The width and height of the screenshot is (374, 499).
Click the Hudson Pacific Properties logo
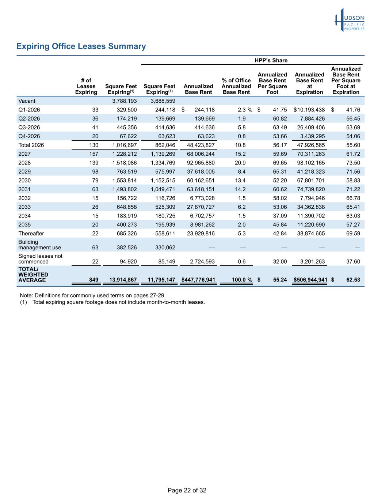tap(350, 20)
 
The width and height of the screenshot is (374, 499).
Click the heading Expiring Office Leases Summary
tap(81, 46)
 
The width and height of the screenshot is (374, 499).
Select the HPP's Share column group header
tap(271, 60)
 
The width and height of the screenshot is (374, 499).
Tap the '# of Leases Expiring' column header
tap(86, 86)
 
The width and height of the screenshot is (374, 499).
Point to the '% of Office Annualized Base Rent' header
tap(236, 86)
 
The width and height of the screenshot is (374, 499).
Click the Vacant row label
tap(27, 101)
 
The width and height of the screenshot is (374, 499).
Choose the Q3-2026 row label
tap(29, 128)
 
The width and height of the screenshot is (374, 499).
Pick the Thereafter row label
tap(31, 234)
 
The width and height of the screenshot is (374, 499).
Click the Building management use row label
tap(40, 245)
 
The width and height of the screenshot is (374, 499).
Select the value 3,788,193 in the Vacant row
tap(124, 101)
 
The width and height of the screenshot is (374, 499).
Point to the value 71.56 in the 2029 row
tap(353, 172)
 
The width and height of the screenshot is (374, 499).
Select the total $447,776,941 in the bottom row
tap(198, 280)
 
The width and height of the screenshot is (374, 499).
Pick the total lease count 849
tap(93, 280)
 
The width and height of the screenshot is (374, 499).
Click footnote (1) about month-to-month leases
tap(113, 302)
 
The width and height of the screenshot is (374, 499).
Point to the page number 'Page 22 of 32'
tap(187, 491)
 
